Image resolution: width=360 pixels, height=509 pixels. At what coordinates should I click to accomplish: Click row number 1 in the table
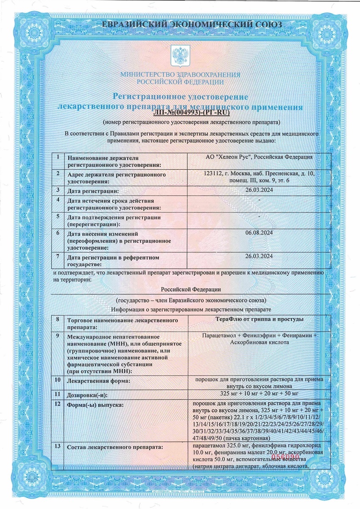coord(58,157)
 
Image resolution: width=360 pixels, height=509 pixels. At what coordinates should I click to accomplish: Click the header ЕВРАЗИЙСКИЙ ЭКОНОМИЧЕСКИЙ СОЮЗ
coord(180,25)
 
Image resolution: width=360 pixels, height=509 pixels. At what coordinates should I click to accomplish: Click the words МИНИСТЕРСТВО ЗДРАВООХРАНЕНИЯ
coord(180,75)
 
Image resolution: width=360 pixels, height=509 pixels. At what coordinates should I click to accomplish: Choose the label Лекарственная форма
coord(98,381)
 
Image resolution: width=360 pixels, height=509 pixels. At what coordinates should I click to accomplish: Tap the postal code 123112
coord(213,174)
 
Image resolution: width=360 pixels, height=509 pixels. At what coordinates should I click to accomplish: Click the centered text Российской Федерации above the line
coord(191,289)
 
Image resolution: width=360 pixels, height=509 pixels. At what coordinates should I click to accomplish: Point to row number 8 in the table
coord(58,319)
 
